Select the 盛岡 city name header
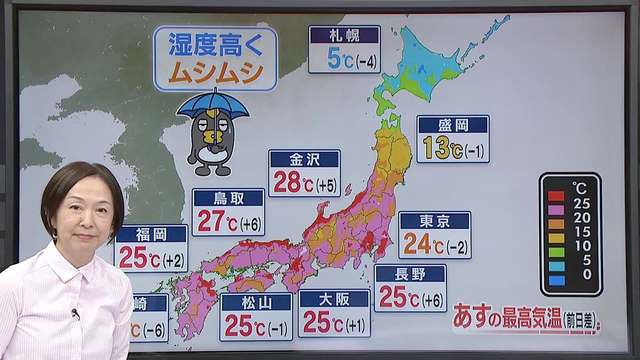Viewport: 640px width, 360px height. [453, 125]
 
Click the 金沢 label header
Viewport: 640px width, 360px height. [304, 159]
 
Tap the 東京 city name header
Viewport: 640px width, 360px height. [434, 221]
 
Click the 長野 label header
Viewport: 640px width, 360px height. [410, 274]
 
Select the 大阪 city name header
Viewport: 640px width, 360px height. [334, 299]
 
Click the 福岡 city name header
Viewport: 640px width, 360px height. [150, 234]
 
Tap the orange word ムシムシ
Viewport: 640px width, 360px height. [215, 73]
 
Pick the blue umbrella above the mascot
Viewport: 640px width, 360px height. [213, 105]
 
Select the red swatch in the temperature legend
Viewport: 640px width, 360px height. [556, 196]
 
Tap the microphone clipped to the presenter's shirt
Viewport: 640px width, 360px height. [75, 313]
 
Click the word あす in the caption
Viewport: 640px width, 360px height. [471, 318]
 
